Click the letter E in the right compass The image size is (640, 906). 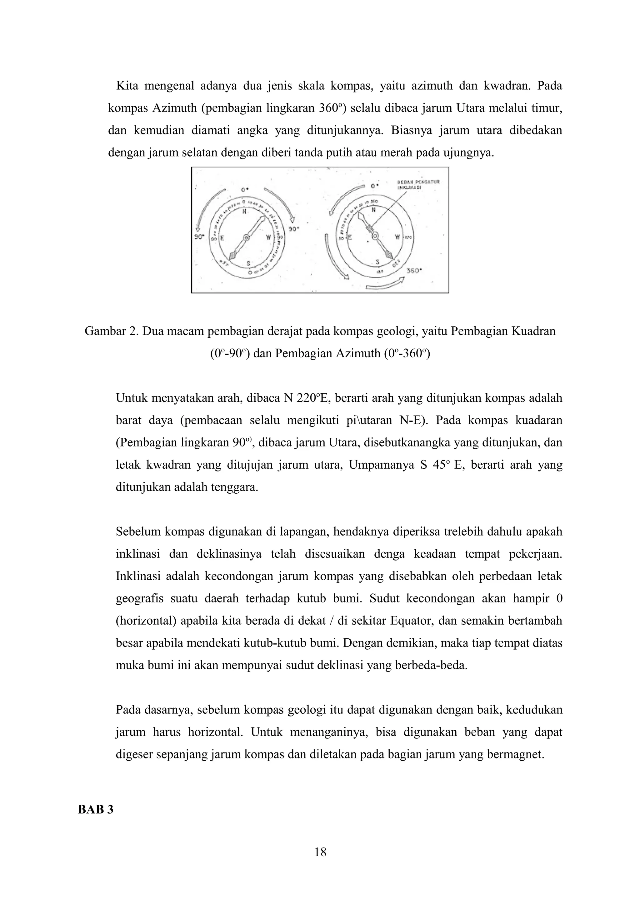point(349,238)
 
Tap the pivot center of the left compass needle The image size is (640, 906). point(247,237)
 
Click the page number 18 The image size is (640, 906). point(320,852)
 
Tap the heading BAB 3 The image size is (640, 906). point(95,809)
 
